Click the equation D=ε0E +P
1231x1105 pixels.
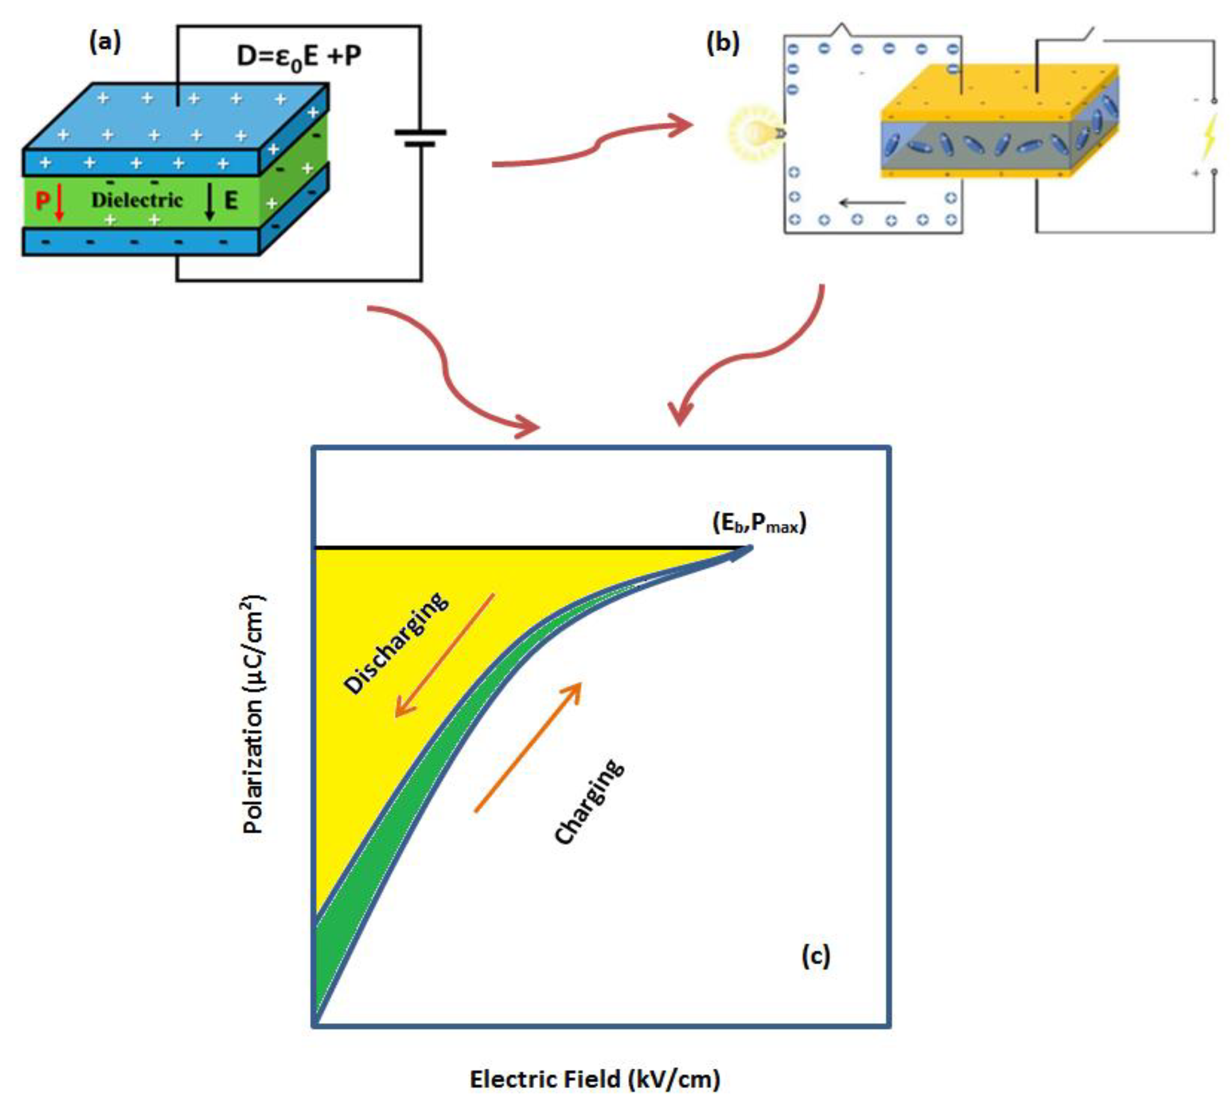click(x=298, y=56)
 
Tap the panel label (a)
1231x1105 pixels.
click(x=105, y=43)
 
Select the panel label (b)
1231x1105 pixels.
click(x=723, y=44)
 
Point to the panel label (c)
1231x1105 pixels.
click(x=815, y=956)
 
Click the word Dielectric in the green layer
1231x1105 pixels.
click(x=136, y=200)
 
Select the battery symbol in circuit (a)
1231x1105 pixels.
click(x=420, y=138)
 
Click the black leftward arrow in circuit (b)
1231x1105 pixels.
click(x=872, y=203)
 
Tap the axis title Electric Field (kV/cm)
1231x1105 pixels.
click(x=595, y=1079)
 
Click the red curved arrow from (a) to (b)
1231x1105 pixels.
click(x=592, y=145)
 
